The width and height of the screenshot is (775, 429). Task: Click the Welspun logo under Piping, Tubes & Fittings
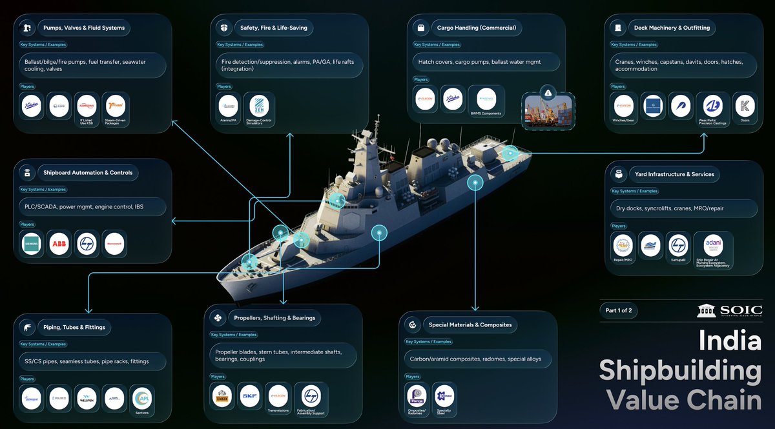[x=86, y=397]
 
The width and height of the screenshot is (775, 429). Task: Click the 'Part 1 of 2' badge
[x=618, y=310]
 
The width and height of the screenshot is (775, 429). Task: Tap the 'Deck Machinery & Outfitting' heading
[x=672, y=28]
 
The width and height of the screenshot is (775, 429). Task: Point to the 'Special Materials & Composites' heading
[x=470, y=324]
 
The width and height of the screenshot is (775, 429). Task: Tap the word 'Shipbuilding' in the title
[x=680, y=371]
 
